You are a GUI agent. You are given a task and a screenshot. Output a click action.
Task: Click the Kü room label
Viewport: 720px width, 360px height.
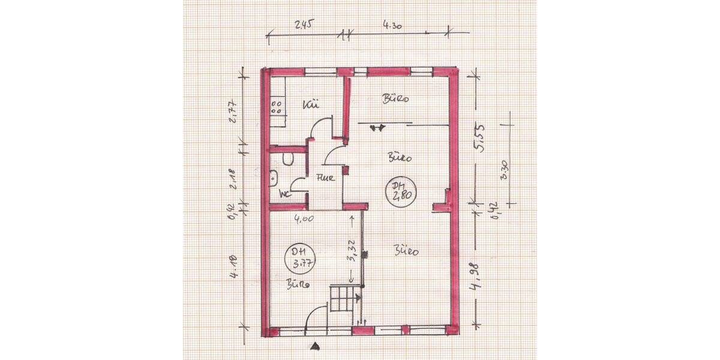(x=310, y=106)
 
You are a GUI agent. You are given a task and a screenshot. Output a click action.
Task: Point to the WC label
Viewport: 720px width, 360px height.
(x=285, y=193)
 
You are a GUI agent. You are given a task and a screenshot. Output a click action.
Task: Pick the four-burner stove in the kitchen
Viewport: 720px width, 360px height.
(x=278, y=107)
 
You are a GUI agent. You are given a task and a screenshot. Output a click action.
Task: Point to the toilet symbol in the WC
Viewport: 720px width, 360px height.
(x=287, y=158)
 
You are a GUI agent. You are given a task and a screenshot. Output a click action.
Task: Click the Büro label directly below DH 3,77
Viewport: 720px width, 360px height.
(x=298, y=284)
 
